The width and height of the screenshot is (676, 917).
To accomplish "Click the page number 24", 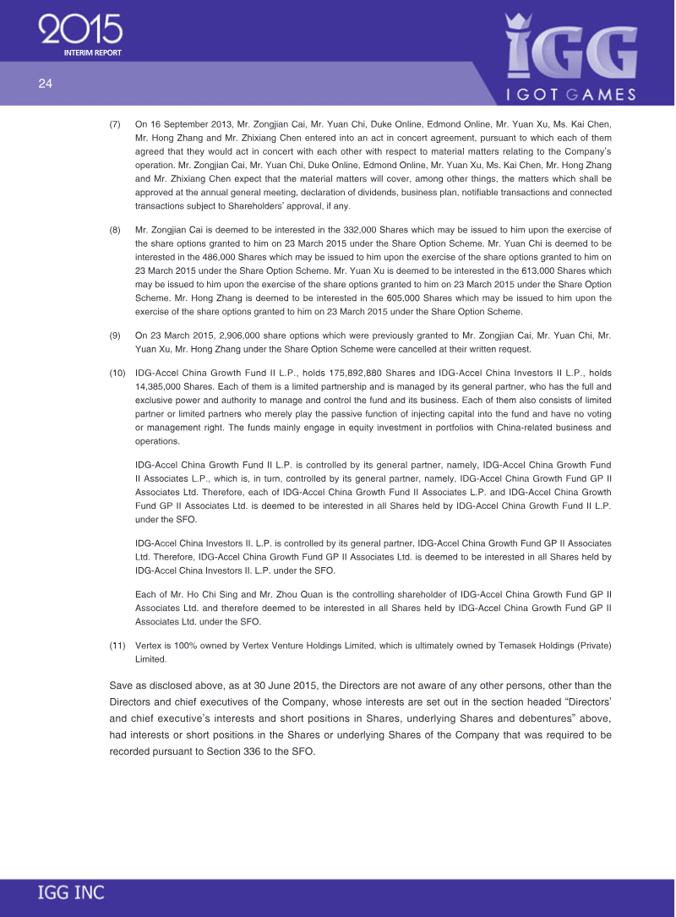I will pos(45,83).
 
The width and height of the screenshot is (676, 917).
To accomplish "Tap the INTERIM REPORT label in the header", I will pos(93,53).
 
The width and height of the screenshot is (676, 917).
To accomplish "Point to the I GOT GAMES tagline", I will pos(570,95).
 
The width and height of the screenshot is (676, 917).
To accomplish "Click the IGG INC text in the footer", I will pos(71,893).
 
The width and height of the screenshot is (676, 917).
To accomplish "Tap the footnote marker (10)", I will pos(118,372).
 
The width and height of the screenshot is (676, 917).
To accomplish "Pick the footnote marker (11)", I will pos(118,647).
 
